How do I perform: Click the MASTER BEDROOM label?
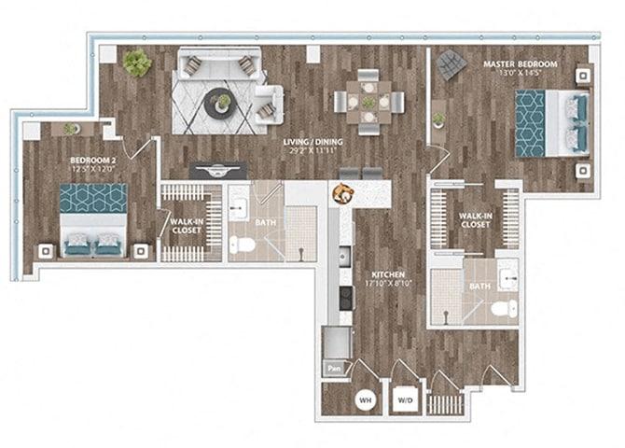520,64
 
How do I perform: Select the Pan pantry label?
334,368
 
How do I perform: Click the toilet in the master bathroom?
503,309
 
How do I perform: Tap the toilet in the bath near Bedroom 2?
243,245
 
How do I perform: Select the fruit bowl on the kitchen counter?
342,192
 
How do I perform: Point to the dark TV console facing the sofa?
218,170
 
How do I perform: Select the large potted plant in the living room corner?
137,63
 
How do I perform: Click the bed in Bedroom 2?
93,218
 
